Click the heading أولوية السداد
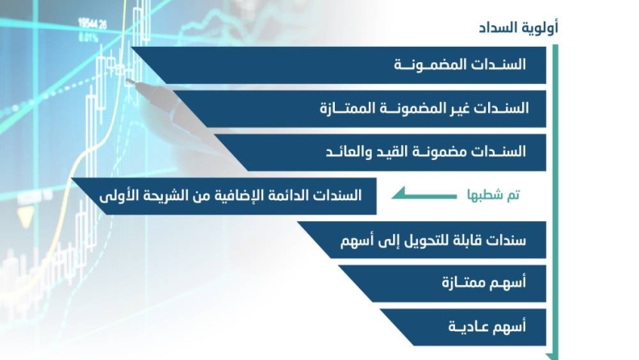pos(518,27)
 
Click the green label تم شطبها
pos(494,195)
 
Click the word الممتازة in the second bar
pos(341,108)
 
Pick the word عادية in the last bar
pos(465,327)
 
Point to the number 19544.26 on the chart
pos(93,24)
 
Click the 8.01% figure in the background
pos(89,39)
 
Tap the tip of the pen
pos(127,81)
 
